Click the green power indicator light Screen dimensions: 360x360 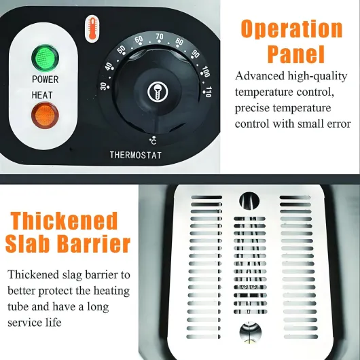pos(46,58)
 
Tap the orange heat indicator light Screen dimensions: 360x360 pos(45,115)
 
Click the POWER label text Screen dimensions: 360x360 pos(46,79)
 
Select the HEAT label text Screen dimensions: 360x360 pos(42,95)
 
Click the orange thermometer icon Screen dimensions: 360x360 pos(92,29)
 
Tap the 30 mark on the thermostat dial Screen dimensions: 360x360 pos(104,86)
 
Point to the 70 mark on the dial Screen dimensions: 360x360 pos(160,37)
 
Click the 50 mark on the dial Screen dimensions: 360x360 pos(122,50)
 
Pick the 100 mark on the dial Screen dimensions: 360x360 pos(206,71)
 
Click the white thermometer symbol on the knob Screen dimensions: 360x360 pos(158,92)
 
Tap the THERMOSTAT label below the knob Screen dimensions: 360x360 pos(135,155)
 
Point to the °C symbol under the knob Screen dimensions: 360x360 pos(153,141)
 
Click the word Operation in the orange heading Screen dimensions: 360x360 pos(291,30)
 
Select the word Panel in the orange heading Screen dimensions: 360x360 pos(296,54)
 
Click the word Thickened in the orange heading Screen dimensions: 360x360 pos(65,221)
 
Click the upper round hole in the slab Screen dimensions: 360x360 pos(249,201)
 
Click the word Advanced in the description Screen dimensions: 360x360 pos(259,76)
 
